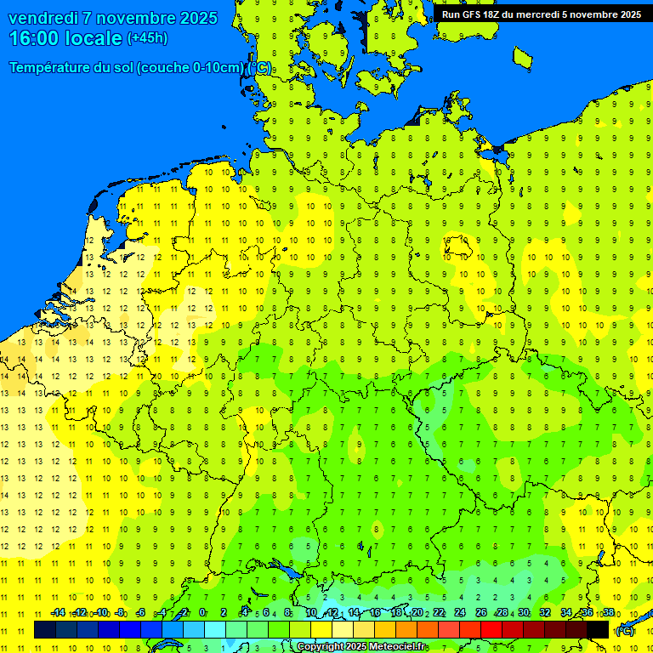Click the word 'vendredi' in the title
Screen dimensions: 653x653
tap(43, 18)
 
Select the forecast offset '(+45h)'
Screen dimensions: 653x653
tap(147, 38)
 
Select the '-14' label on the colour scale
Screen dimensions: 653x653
tap(58, 613)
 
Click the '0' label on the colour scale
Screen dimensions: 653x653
tap(202, 613)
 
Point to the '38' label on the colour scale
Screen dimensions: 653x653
tap(608, 613)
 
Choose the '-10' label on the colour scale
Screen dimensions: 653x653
tap(100, 613)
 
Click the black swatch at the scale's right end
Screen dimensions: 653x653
tap(598, 629)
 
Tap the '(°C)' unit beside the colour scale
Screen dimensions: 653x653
tap(625, 630)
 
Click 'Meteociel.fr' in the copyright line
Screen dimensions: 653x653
tap(398, 647)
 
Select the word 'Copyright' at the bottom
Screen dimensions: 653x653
tap(320, 647)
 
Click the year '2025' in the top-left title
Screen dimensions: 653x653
tap(196, 18)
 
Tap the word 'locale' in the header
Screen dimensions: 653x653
tap(94, 38)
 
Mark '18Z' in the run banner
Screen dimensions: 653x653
tap(491, 14)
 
